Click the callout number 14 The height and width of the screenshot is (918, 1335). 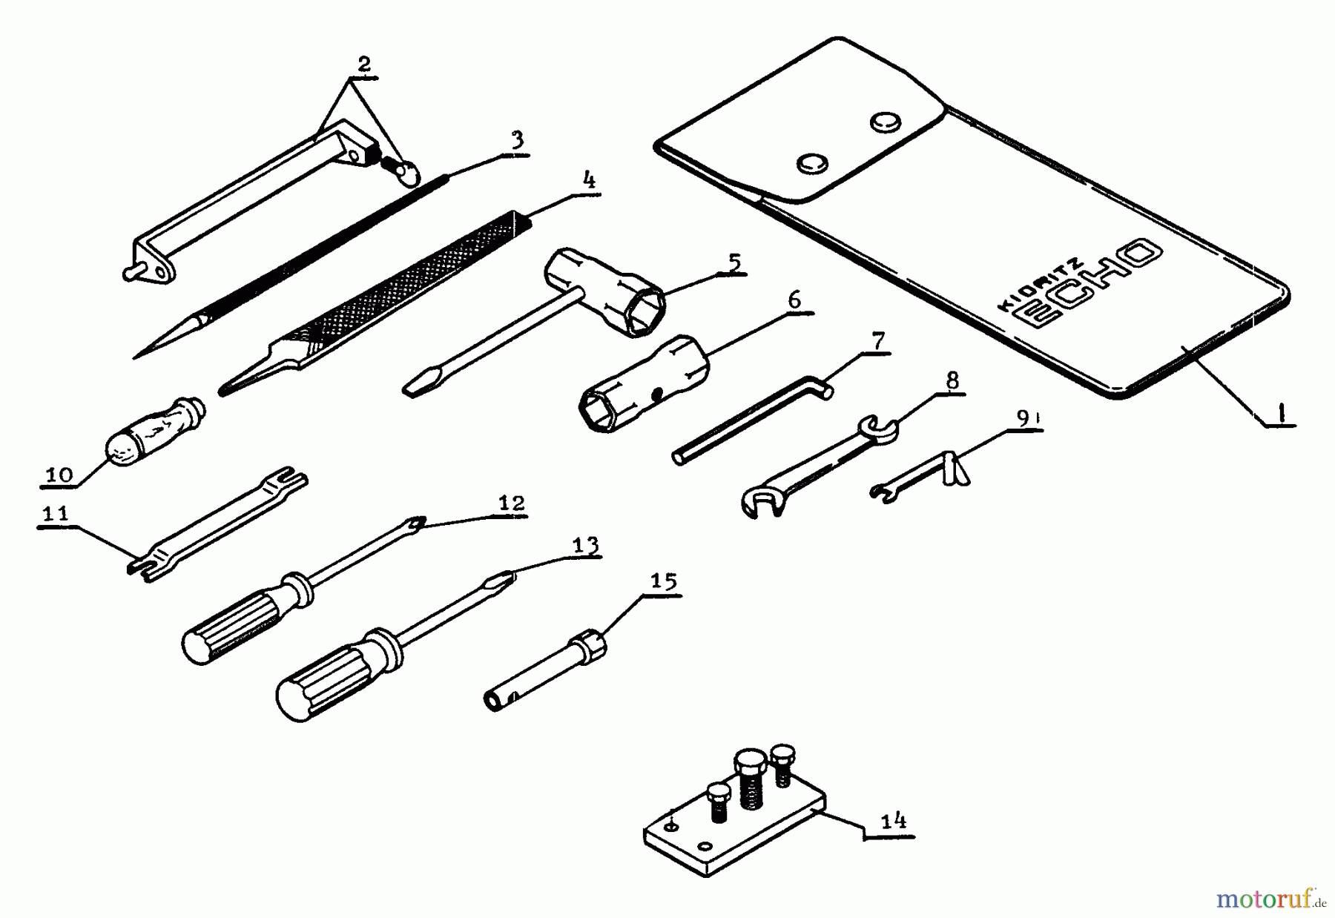point(893,821)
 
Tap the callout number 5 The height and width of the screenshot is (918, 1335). point(733,262)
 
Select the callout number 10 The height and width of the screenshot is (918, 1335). point(59,475)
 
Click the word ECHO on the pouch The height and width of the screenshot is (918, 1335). point(1087,283)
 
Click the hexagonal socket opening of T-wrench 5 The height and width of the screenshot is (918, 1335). point(645,311)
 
